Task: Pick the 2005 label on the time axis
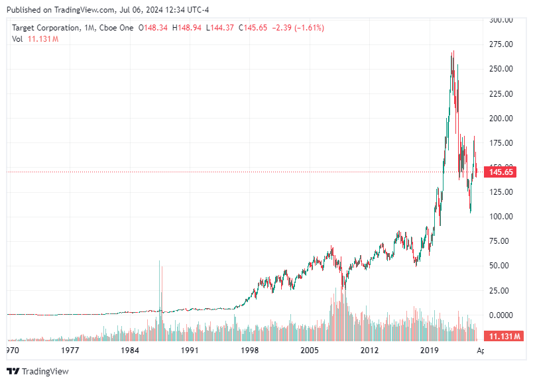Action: (x=310, y=350)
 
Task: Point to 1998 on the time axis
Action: (x=249, y=350)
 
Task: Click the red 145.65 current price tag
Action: (x=501, y=172)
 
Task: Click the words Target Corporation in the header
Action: (x=46, y=28)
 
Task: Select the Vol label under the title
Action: (x=17, y=39)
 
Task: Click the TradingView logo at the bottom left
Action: (x=38, y=371)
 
